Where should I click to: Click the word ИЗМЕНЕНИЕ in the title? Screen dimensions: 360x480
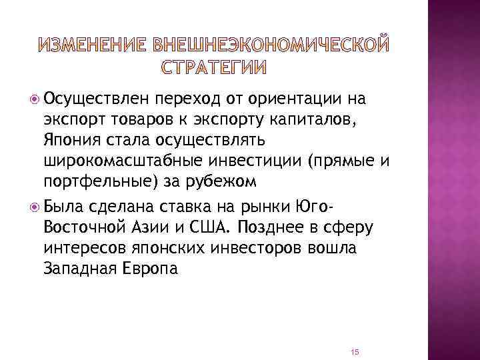coord(94,45)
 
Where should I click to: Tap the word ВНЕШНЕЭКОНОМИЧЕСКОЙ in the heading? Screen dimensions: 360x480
coord(269,45)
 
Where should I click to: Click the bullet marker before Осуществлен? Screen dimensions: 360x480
coord(35,99)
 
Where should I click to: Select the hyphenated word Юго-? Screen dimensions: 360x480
coord(319,194)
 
